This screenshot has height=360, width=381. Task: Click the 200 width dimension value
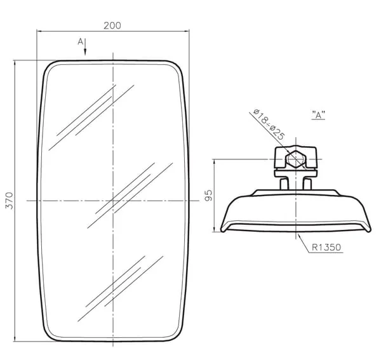(112, 26)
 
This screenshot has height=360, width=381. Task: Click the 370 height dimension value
(10, 201)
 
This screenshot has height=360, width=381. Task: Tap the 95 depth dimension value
(208, 196)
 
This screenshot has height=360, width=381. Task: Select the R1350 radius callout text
(326, 247)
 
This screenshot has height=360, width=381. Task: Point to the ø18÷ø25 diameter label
(269, 124)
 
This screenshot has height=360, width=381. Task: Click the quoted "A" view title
(318, 115)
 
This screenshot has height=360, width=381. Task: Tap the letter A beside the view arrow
(81, 41)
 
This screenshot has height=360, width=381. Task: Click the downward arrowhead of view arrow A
(85, 51)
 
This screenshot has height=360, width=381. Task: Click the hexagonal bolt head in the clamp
(296, 159)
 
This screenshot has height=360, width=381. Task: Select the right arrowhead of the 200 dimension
(186, 31)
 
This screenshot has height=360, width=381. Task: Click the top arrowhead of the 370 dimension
(15, 63)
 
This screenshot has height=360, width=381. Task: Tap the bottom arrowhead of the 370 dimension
(15, 338)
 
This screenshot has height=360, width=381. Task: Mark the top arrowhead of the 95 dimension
(214, 163)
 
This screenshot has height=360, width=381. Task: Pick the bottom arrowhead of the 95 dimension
(214, 229)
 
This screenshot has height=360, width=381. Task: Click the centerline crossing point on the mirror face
(113, 201)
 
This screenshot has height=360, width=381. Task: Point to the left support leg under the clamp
(284, 184)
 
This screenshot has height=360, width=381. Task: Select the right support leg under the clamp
(307, 184)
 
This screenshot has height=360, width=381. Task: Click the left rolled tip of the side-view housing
(223, 229)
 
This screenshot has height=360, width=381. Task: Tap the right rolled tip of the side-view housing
(368, 229)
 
